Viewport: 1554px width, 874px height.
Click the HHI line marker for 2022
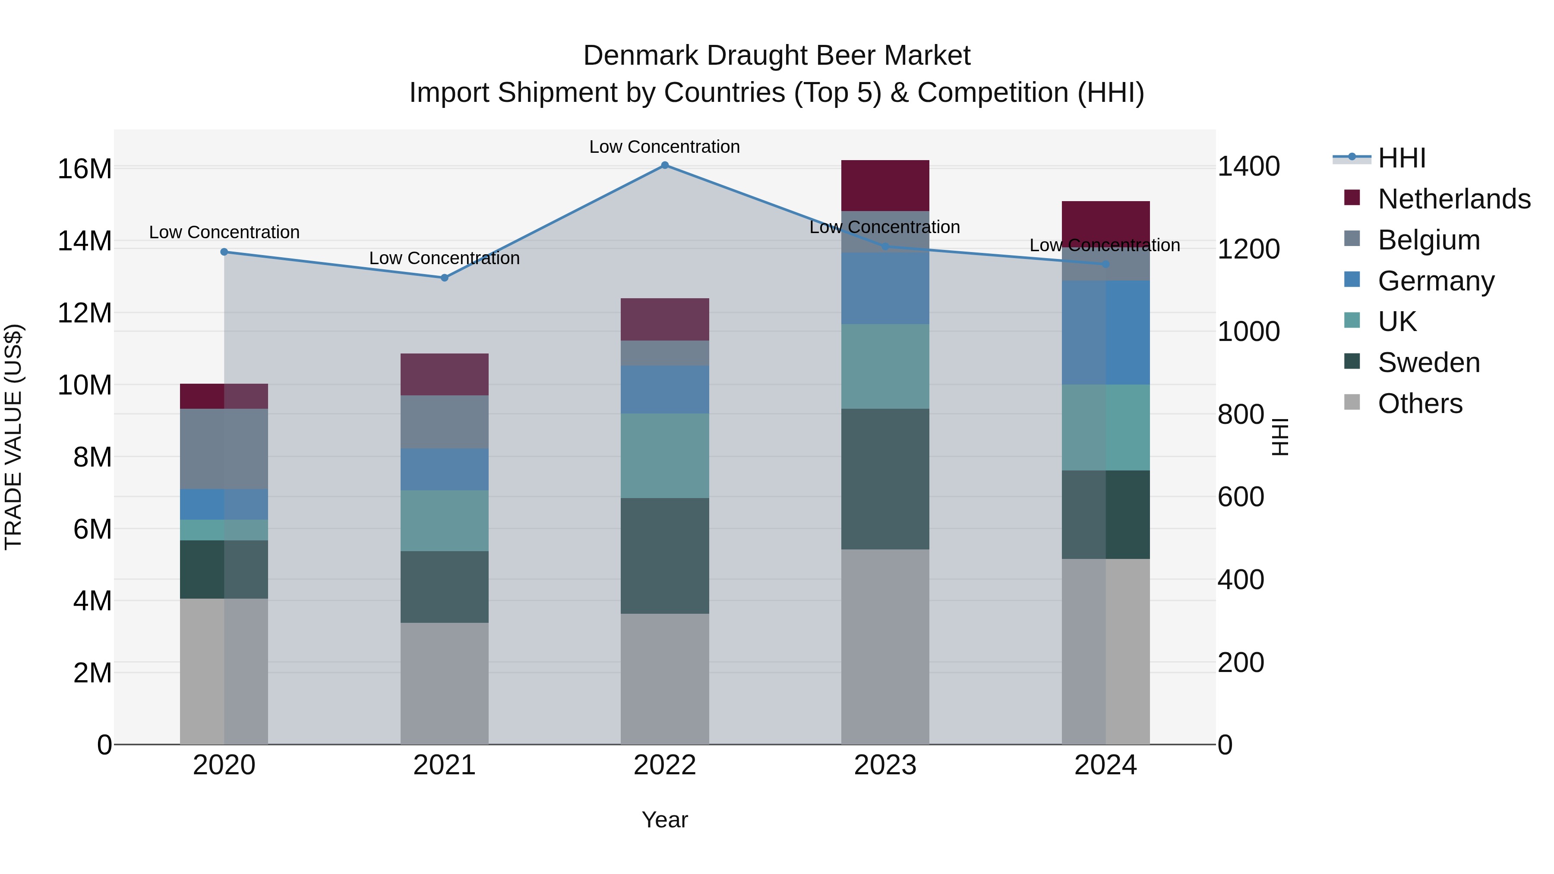pyautogui.click(x=665, y=165)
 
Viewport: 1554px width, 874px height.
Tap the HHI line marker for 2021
pyautogui.click(x=445, y=278)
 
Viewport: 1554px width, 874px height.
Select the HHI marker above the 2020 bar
pyautogui.click(x=224, y=252)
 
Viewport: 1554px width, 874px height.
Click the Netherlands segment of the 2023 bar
pyautogui.click(x=885, y=186)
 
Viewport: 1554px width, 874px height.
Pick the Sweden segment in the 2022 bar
pyautogui.click(x=665, y=555)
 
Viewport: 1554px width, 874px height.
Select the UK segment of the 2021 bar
pyautogui.click(x=445, y=521)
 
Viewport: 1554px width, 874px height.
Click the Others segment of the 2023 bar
pyautogui.click(x=885, y=647)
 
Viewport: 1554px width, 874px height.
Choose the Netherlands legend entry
pyautogui.click(x=1454, y=199)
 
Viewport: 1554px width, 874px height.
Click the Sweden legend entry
pyautogui.click(x=1428, y=363)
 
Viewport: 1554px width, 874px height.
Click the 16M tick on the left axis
pyautogui.click(x=85, y=169)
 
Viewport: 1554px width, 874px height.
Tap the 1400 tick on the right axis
pyautogui.click(x=1248, y=167)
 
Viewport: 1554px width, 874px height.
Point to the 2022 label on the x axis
pyautogui.click(x=665, y=765)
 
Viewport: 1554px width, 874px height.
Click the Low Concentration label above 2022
pyautogui.click(x=664, y=147)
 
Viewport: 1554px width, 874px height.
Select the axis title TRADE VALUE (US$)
pyautogui.click(x=13, y=437)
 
